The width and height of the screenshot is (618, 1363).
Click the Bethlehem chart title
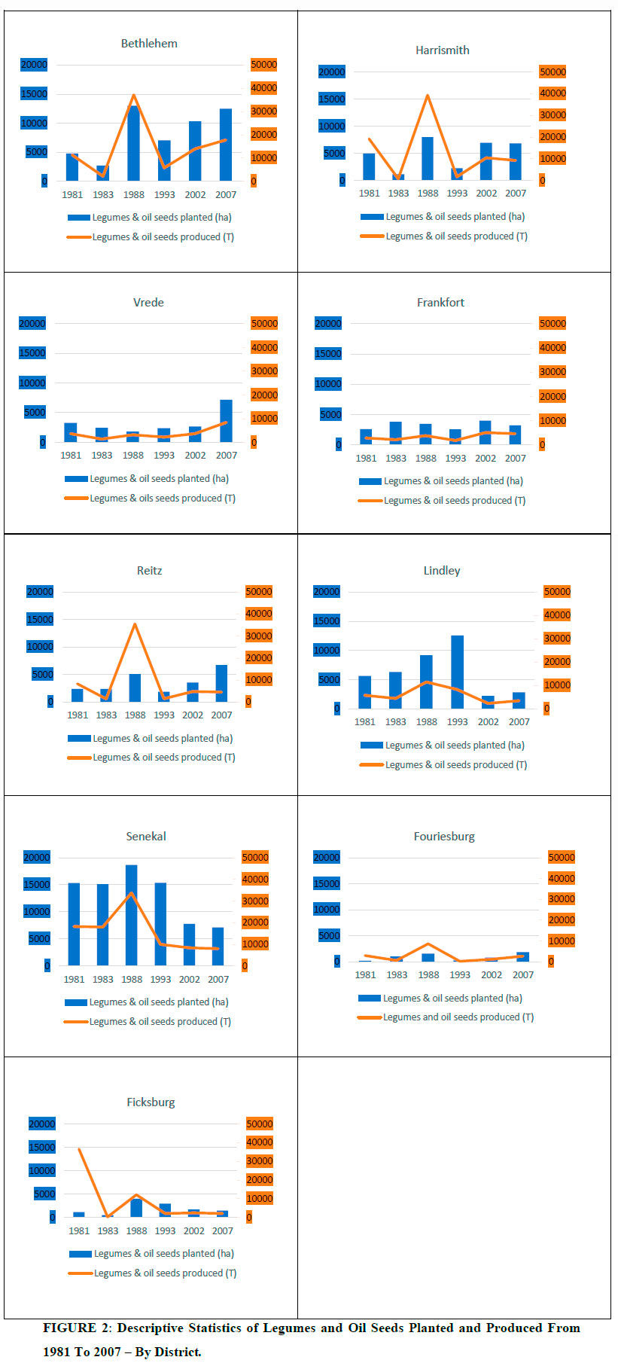(149, 44)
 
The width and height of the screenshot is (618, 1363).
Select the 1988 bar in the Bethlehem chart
(133, 143)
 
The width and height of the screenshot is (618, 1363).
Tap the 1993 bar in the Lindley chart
(457, 672)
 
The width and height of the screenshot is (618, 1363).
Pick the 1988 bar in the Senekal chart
(132, 915)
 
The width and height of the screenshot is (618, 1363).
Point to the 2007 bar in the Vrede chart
(226, 421)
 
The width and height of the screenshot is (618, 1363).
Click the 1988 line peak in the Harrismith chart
(428, 96)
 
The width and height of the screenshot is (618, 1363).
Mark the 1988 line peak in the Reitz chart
(135, 624)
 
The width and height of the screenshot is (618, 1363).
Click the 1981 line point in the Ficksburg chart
(79, 1149)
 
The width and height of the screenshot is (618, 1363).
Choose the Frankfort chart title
(440, 303)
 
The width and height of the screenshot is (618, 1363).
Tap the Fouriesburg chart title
(444, 837)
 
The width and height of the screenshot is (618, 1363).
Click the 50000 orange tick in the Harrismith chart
(553, 72)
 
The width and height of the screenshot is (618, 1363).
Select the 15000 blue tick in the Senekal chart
(37, 885)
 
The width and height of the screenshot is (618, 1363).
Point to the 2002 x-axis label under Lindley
(488, 721)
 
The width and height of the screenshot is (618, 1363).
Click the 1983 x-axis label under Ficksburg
(108, 1230)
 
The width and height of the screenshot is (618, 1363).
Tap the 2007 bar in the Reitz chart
(221, 683)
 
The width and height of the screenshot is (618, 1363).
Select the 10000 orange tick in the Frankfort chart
(553, 421)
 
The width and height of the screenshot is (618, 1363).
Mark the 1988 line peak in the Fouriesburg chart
(428, 944)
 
